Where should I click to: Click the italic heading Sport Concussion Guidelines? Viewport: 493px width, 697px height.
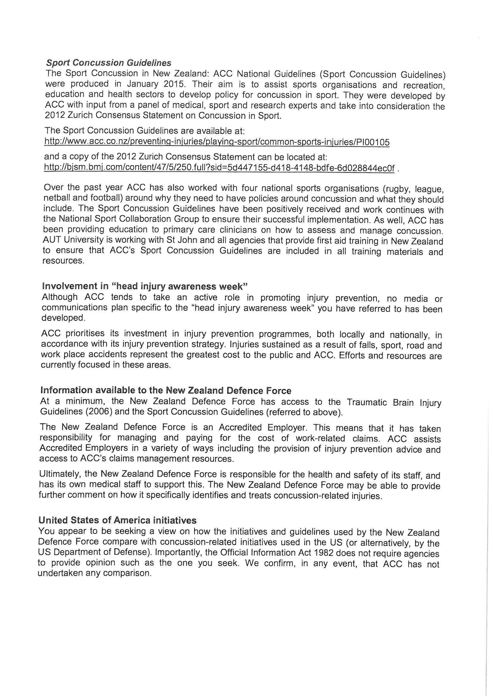click(x=109, y=63)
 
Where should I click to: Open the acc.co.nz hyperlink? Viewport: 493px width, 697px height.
click(x=217, y=142)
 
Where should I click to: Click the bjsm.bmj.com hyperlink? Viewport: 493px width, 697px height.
click(x=219, y=168)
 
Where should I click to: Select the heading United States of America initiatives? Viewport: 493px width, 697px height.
click(x=118, y=520)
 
